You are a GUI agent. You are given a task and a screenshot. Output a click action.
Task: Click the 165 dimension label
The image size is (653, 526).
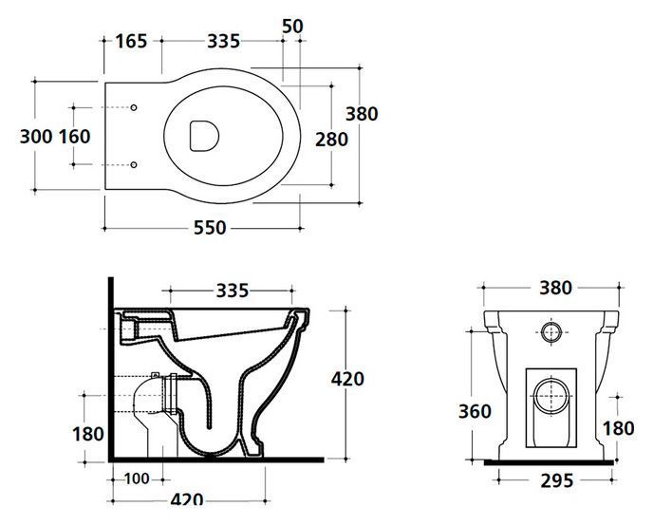131,41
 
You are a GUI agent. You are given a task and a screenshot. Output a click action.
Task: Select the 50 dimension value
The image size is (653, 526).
292,27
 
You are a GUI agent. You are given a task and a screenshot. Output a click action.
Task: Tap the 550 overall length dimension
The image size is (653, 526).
210,227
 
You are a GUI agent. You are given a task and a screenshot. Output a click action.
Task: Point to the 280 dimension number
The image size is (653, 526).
331,140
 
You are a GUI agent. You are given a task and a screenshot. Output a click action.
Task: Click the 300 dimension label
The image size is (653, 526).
36,137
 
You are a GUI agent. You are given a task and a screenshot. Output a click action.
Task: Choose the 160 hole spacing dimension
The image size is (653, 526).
75,137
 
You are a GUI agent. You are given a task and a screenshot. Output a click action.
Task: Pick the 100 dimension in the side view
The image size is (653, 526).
137,479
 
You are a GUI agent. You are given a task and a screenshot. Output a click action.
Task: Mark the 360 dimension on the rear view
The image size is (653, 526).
475,411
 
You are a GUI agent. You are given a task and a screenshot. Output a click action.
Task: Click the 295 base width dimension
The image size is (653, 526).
557,481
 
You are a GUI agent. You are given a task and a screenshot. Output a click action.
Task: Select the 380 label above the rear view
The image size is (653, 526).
556,288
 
